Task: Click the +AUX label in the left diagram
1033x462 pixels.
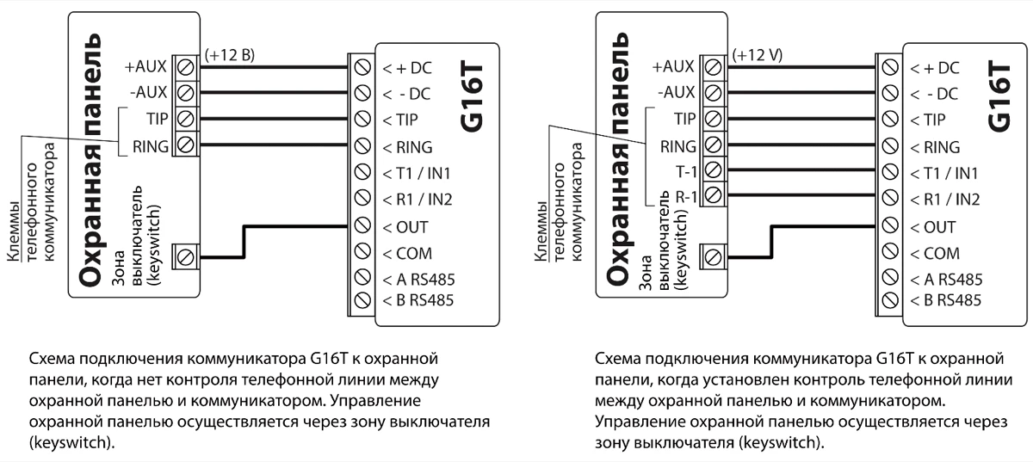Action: (145, 65)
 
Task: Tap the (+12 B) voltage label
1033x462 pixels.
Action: (229, 55)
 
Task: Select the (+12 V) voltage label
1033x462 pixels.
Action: (757, 55)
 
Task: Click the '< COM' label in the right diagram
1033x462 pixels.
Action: (934, 254)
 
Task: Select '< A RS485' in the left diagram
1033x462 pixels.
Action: (418, 280)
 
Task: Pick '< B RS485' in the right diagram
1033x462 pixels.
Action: (946, 300)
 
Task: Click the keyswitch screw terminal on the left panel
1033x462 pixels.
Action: (184, 256)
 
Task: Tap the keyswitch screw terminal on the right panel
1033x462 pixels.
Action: (711, 256)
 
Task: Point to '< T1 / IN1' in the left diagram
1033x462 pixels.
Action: (417, 174)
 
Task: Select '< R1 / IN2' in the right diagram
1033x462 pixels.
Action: (945, 200)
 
